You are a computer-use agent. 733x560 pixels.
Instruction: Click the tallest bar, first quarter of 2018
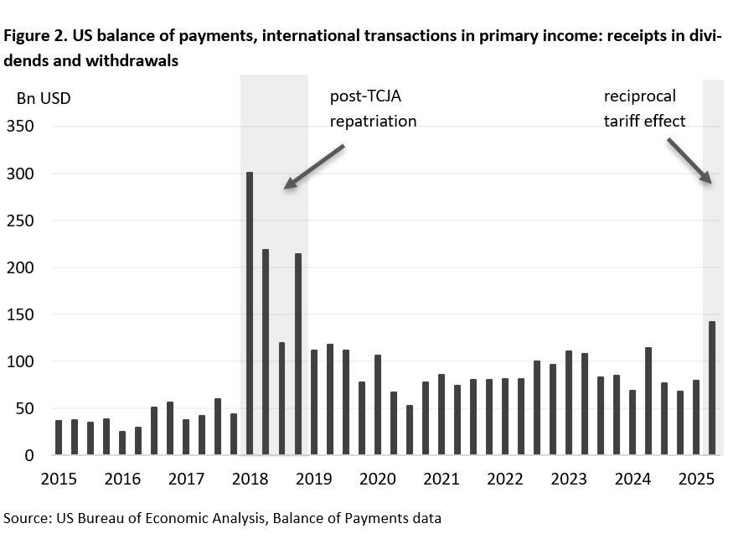[250, 314]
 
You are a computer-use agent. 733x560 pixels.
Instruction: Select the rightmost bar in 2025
[712, 388]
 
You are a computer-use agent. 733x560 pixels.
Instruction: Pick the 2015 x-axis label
[59, 480]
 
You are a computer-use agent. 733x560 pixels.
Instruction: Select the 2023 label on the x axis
[568, 480]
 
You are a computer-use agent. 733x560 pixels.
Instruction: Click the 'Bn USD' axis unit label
[44, 98]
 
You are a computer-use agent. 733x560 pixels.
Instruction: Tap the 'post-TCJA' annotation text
[366, 96]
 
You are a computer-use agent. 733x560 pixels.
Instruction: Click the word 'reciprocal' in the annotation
[639, 96]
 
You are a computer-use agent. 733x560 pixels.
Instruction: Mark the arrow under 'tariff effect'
[689, 161]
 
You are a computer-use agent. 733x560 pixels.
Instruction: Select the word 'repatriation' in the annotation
[373, 121]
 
